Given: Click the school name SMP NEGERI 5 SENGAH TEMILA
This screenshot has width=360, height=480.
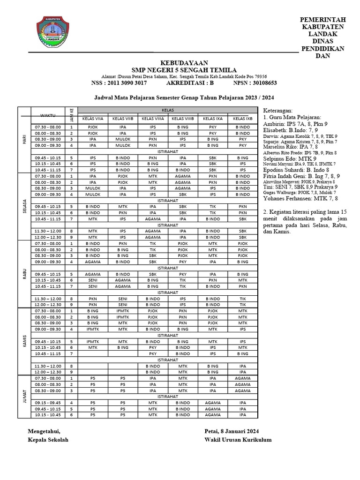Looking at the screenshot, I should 179,70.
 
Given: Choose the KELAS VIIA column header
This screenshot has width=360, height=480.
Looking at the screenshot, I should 93,119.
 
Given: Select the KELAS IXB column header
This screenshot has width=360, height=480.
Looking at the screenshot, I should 242,119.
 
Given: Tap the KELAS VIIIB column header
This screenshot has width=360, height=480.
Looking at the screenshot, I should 183,119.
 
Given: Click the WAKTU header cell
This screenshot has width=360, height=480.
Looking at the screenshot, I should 47,115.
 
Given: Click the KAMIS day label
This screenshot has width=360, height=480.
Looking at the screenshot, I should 24,341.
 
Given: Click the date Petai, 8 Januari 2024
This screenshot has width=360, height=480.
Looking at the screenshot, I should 232,431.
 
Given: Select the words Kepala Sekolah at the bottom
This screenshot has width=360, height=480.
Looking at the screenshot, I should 48,439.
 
